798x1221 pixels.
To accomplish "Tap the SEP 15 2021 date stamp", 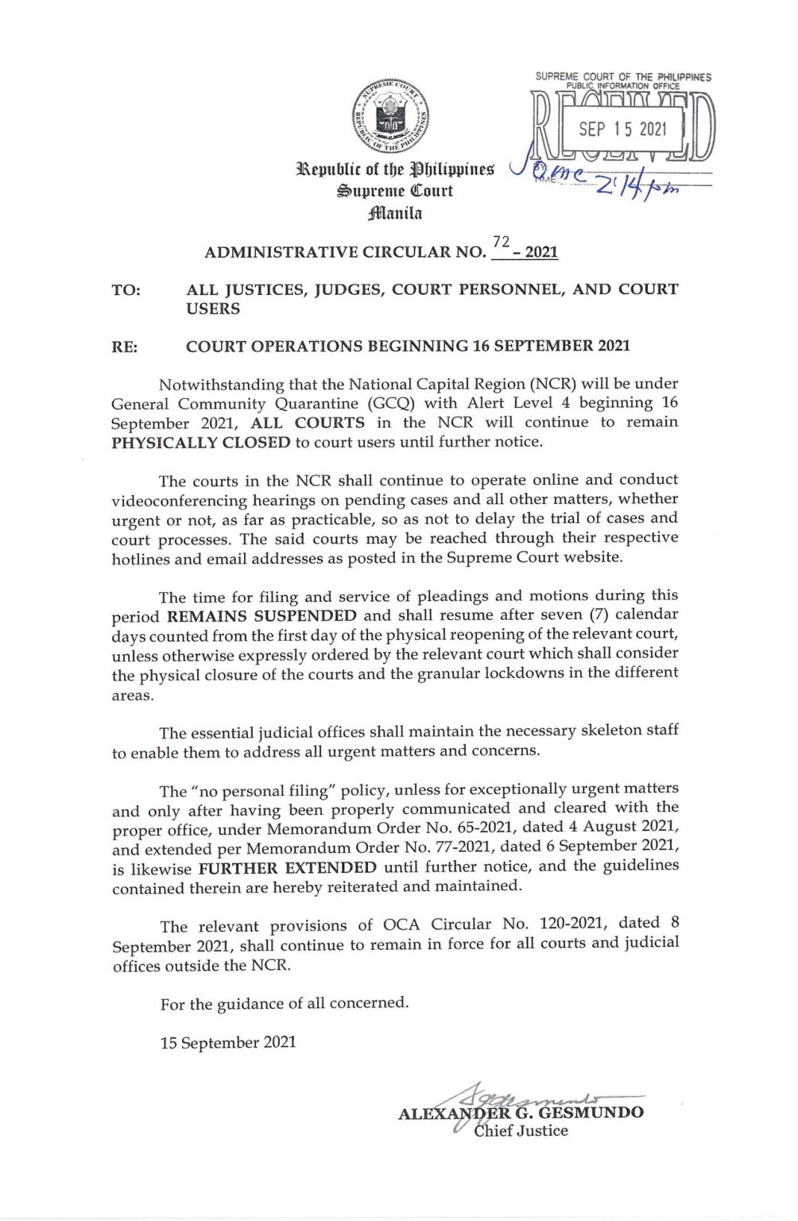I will [622, 129].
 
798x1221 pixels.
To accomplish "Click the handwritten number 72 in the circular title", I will [501, 242].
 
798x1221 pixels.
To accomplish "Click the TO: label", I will [126, 290].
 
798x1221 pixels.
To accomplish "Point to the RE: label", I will [125, 347].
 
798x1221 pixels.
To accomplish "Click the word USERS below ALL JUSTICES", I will [213, 308].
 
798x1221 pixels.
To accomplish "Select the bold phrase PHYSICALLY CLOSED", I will [201, 443].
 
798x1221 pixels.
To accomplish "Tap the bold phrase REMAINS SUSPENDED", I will [261, 615].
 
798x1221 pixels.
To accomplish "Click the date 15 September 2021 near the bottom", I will [228, 1042].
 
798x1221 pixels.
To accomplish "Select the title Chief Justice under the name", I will [521, 1130].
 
